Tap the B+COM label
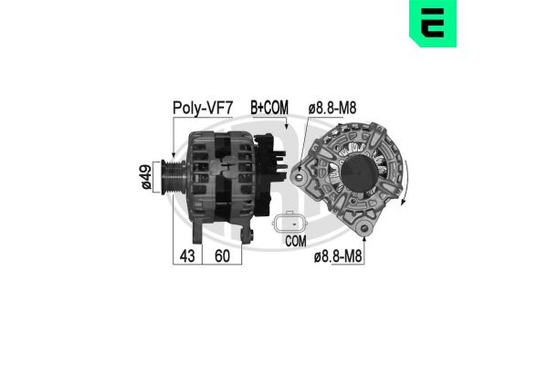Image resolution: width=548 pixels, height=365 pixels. click(269, 109)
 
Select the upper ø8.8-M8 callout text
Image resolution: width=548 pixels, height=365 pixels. click(332, 109)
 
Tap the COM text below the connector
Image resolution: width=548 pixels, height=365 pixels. click(295, 242)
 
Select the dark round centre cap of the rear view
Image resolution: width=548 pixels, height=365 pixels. click(360, 173)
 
